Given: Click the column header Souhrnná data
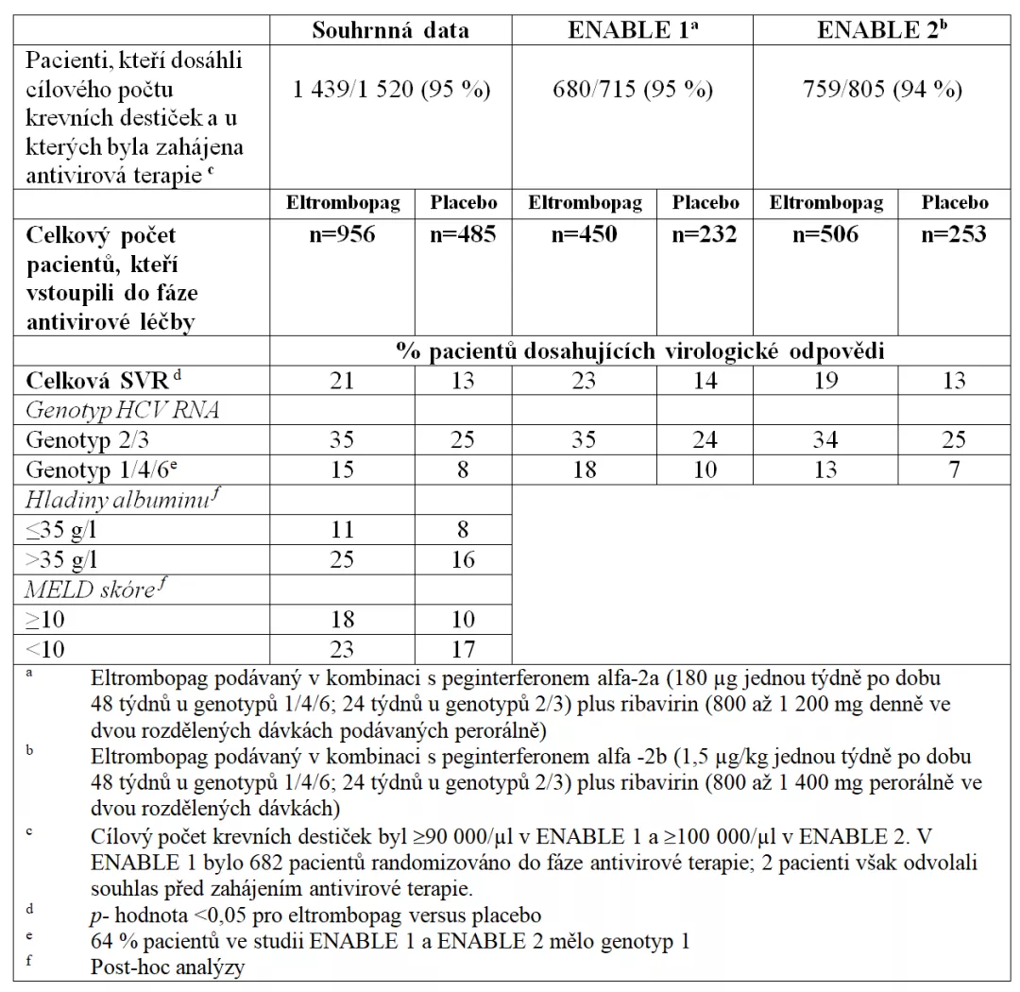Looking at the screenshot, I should click(x=390, y=30).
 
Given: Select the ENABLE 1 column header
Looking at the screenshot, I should click(x=633, y=30).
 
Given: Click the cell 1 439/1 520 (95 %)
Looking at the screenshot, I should click(x=390, y=91).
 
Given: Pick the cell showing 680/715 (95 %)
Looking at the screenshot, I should click(x=633, y=91).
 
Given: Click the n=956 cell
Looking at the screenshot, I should click(x=342, y=234).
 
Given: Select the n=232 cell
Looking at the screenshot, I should click(x=704, y=234).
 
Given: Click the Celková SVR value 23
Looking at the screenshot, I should click(x=585, y=382).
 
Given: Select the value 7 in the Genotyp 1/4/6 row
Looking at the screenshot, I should click(x=954, y=470).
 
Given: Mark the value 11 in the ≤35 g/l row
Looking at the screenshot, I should click(x=342, y=529).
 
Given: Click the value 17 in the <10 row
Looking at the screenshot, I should click(x=463, y=648).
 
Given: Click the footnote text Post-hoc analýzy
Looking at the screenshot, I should click(x=167, y=967).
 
